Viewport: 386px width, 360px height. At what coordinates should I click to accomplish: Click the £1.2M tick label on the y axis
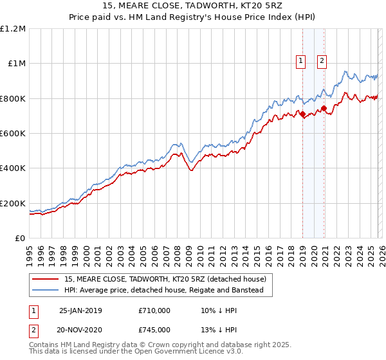coord(13,28)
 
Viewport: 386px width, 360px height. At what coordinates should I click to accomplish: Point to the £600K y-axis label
coord(13,133)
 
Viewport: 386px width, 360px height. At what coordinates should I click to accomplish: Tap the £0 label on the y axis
coord(21,238)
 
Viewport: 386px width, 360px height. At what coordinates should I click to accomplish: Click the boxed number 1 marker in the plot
coord(300,61)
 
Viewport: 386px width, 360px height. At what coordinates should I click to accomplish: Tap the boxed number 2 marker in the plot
coord(322,61)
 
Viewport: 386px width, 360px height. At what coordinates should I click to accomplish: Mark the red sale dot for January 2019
coord(302,114)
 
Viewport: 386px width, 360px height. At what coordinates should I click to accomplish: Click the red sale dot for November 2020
coord(324,108)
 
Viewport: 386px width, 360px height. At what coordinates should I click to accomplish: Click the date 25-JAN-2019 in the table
coord(80,310)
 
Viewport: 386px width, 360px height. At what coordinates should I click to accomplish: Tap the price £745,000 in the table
coord(154,330)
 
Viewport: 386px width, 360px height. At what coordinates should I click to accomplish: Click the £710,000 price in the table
coord(154,310)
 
